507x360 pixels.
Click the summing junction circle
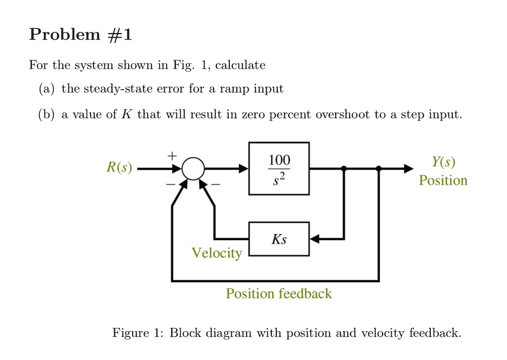pos(193,169)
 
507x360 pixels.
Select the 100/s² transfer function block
pos(279,168)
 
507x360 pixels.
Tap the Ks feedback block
pos(279,239)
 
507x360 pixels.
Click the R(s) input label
pos(119,168)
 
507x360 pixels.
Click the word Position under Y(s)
pos(443,180)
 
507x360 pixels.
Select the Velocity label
pos(217,254)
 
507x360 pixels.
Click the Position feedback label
pos(279,294)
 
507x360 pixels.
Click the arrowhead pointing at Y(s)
pos(407,169)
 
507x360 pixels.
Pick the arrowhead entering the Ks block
pos(316,239)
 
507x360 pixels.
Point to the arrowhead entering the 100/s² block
pos(243,169)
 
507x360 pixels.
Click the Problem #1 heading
pos(81,35)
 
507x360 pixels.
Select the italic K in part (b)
pos(125,115)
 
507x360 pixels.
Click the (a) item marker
pos(48,89)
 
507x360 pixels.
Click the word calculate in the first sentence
pos(241,65)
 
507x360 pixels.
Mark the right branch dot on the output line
pos(379,169)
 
